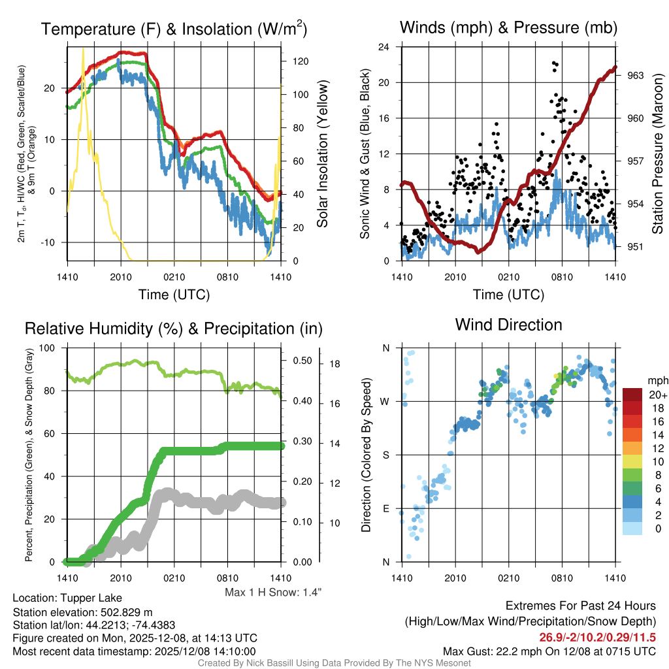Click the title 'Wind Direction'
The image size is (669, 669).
tap(508, 325)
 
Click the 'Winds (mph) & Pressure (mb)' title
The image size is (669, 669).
tap(508, 28)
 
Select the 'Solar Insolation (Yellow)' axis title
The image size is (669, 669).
tap(322, 154)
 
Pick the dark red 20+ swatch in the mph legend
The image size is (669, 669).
tap(634, 395)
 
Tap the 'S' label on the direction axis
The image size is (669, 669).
tap(386, 455)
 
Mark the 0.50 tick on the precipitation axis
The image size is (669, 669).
tap(299, 361)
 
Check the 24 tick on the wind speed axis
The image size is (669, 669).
tap(385, 47)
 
